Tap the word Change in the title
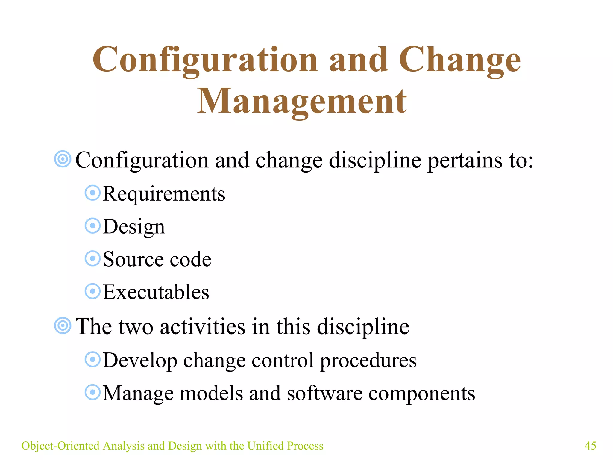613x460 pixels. tap(460, 60)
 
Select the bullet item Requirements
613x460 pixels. tap(164, 194)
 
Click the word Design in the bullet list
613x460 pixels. tap(134, 227)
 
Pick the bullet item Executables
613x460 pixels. tap(156, 292)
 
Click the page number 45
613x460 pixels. tap(590, 446)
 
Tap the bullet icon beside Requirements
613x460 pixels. tap(92, 193)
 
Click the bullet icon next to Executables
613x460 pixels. tap(92, 291)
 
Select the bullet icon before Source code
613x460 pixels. tap(92, 258)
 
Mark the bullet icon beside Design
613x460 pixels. tap(92, 226)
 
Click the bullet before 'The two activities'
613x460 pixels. tap(63, 326)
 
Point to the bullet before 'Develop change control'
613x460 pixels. tap(92, 359)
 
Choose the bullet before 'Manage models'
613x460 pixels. tap(92, 392)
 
